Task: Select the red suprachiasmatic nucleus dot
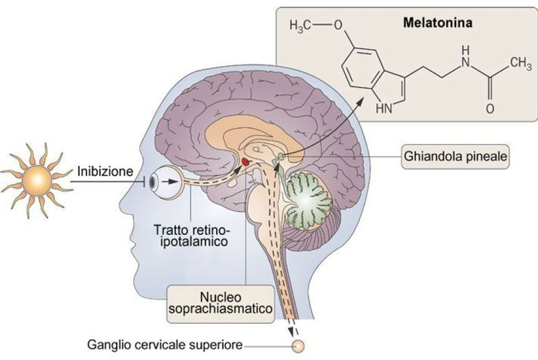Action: click(245, 161)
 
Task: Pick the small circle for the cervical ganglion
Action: click(297, 345)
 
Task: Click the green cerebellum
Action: click(306, 198)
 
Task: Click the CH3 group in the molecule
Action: click(520, 64)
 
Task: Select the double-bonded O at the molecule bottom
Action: click(489, 109)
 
